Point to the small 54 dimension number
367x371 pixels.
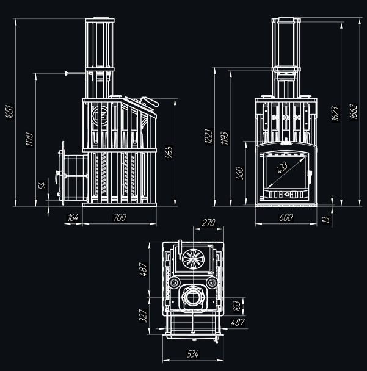(42, 185)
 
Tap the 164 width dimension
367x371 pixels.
(73, 217)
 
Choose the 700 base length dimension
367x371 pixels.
(120, 217)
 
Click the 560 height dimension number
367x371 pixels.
(240, 173)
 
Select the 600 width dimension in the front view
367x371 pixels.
(286, 217)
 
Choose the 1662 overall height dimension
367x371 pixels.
(354, 110)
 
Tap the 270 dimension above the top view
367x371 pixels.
(208, 223)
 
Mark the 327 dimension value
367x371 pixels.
(142, 315)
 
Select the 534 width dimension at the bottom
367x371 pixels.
(193, 353)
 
